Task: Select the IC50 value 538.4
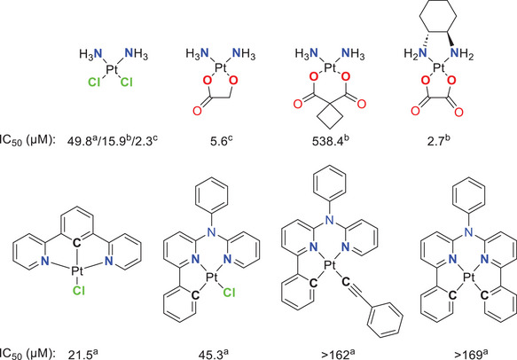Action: (306, 139)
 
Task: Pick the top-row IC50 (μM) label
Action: (27, 139)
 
